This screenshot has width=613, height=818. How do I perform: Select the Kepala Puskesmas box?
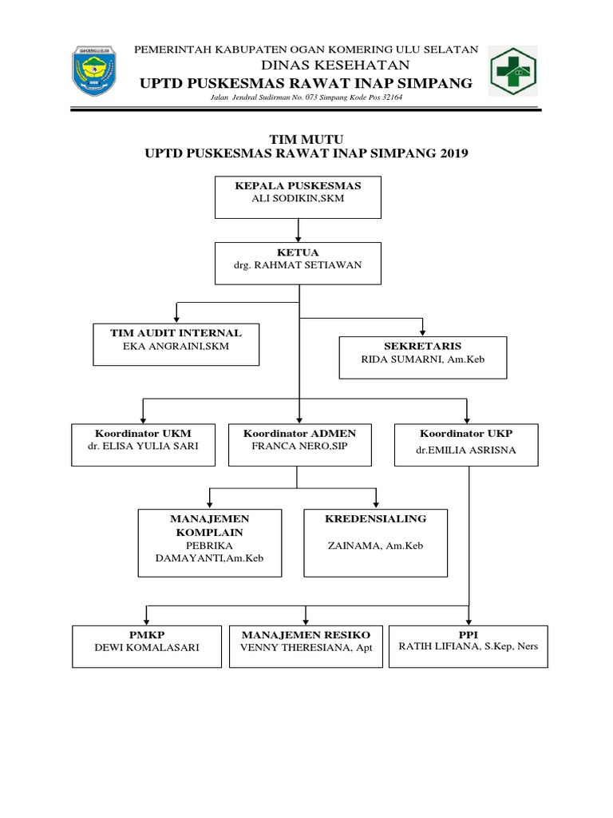pos(298,197)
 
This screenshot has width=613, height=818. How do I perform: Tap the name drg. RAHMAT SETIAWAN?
pos(298,266)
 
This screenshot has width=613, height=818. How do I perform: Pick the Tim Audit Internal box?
pos(176,343)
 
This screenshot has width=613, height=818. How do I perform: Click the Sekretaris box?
pos(422,356)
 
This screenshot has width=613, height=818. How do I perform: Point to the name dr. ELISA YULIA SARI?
pos(144,448)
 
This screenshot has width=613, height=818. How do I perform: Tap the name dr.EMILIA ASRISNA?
pos(466,450)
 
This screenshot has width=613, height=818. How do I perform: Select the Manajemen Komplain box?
pos(210,542)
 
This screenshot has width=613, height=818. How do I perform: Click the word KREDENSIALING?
pos(375,518)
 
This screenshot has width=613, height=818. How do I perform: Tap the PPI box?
pos(469,645)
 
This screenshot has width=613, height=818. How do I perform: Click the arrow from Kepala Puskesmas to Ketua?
pos(298,230)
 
